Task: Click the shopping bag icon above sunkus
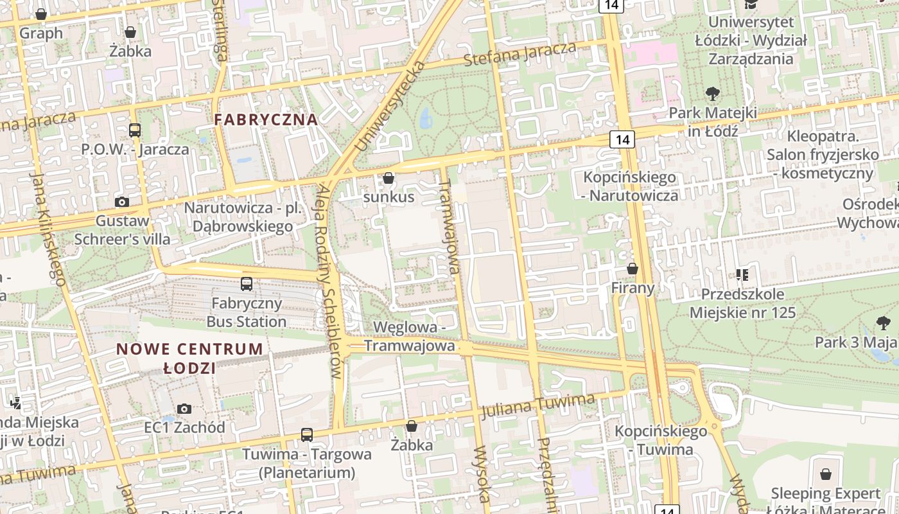[388, 178]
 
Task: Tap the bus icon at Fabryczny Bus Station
[247, 284]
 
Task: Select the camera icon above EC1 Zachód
[184, 409]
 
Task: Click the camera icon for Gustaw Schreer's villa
[121, 202]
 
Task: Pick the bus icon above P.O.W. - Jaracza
[135, 130]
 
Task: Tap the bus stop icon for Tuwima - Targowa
[307, 435]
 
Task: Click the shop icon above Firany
[633, 269]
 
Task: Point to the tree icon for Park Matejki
[712, 94]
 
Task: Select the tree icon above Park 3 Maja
[884, 323]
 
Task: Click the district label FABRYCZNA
[266, 120]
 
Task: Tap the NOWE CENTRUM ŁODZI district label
[189, 359]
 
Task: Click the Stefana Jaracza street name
[520, 55]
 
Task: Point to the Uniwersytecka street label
[389, 106]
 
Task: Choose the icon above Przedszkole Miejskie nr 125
[742, 275]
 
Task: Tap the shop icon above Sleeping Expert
[825, 475]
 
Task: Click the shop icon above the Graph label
[41, 14]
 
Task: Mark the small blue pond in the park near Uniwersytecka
[425, 118]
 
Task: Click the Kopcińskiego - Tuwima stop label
[661, 440]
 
